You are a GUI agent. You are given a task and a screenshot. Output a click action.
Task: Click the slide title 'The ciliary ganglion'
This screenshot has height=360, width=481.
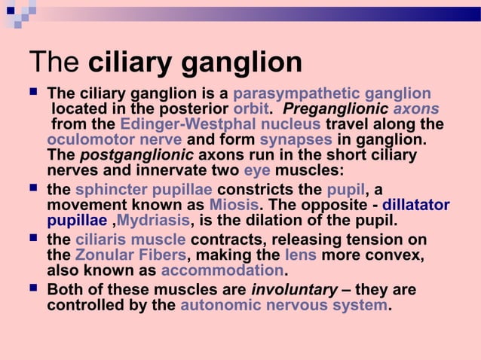tap(165, 62)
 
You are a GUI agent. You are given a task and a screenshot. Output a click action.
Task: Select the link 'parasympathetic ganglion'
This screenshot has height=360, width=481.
tap(332, 94)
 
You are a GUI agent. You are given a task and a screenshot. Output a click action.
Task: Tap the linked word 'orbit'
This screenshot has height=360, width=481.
tap(251, 109)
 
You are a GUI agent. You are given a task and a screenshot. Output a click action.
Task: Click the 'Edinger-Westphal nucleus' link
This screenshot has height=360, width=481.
tap(220, 124)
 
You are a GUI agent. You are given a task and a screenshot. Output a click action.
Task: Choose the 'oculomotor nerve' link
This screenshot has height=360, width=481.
tap(114, 140)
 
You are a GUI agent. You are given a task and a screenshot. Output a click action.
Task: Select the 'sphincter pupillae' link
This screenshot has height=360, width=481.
tap(143, 189)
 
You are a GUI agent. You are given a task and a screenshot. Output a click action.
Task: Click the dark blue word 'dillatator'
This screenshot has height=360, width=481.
tap(416, 205)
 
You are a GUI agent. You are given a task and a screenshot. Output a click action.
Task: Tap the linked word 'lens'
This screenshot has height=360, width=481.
tap(300, 255)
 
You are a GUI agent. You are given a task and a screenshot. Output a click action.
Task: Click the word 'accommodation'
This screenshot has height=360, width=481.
tap(222, 271)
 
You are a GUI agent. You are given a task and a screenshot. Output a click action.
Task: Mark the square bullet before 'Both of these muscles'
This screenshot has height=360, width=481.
tap(32, 290)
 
